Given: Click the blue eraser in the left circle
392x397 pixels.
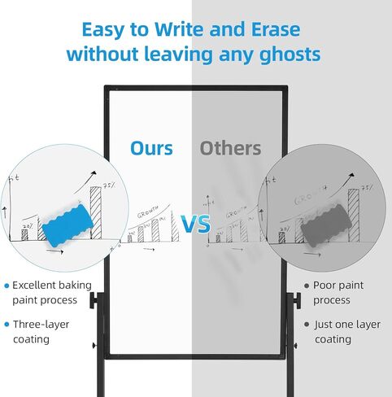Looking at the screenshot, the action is click(68, 225).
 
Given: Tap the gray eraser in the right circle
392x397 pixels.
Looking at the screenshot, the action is click(326, 225).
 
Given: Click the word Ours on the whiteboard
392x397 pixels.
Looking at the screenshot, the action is click(151, 148).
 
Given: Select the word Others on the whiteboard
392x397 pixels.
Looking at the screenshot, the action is click(230, 148).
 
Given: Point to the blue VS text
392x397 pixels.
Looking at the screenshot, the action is click(196, 224).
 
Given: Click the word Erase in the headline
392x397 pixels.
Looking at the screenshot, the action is click(276, 29).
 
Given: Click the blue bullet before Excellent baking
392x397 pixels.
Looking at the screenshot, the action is click(7, 286).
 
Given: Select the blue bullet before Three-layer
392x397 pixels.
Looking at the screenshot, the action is click(7, 325).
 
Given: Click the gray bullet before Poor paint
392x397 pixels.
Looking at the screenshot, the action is click(307, 286).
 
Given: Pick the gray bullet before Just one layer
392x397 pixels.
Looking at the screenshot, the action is click(307, 325).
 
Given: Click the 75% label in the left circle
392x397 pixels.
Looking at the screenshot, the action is click(109, 185).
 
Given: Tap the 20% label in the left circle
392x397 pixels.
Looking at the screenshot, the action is click(28, 226).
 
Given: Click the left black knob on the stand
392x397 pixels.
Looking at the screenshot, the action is click(94, 300).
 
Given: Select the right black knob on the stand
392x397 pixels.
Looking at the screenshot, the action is click(298, 300).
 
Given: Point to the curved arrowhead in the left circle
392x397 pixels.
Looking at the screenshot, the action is click(94, 172).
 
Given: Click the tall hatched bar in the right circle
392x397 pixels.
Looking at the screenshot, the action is click(354, 216).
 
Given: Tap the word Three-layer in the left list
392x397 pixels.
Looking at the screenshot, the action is click(41, 325).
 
